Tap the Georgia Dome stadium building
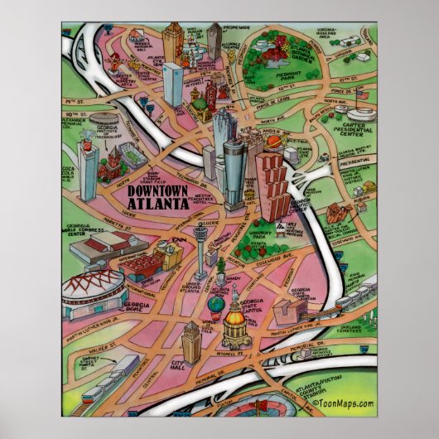94,286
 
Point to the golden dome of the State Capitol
234,317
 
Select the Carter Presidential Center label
368,129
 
